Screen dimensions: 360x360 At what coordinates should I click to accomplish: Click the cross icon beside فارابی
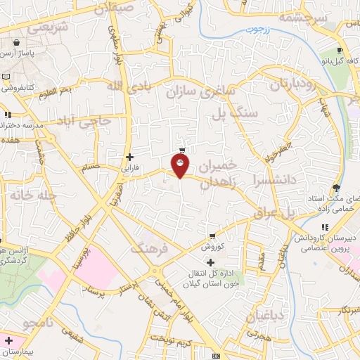coord(129,157)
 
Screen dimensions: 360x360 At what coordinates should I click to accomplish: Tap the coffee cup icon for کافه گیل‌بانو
coord(340,51)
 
